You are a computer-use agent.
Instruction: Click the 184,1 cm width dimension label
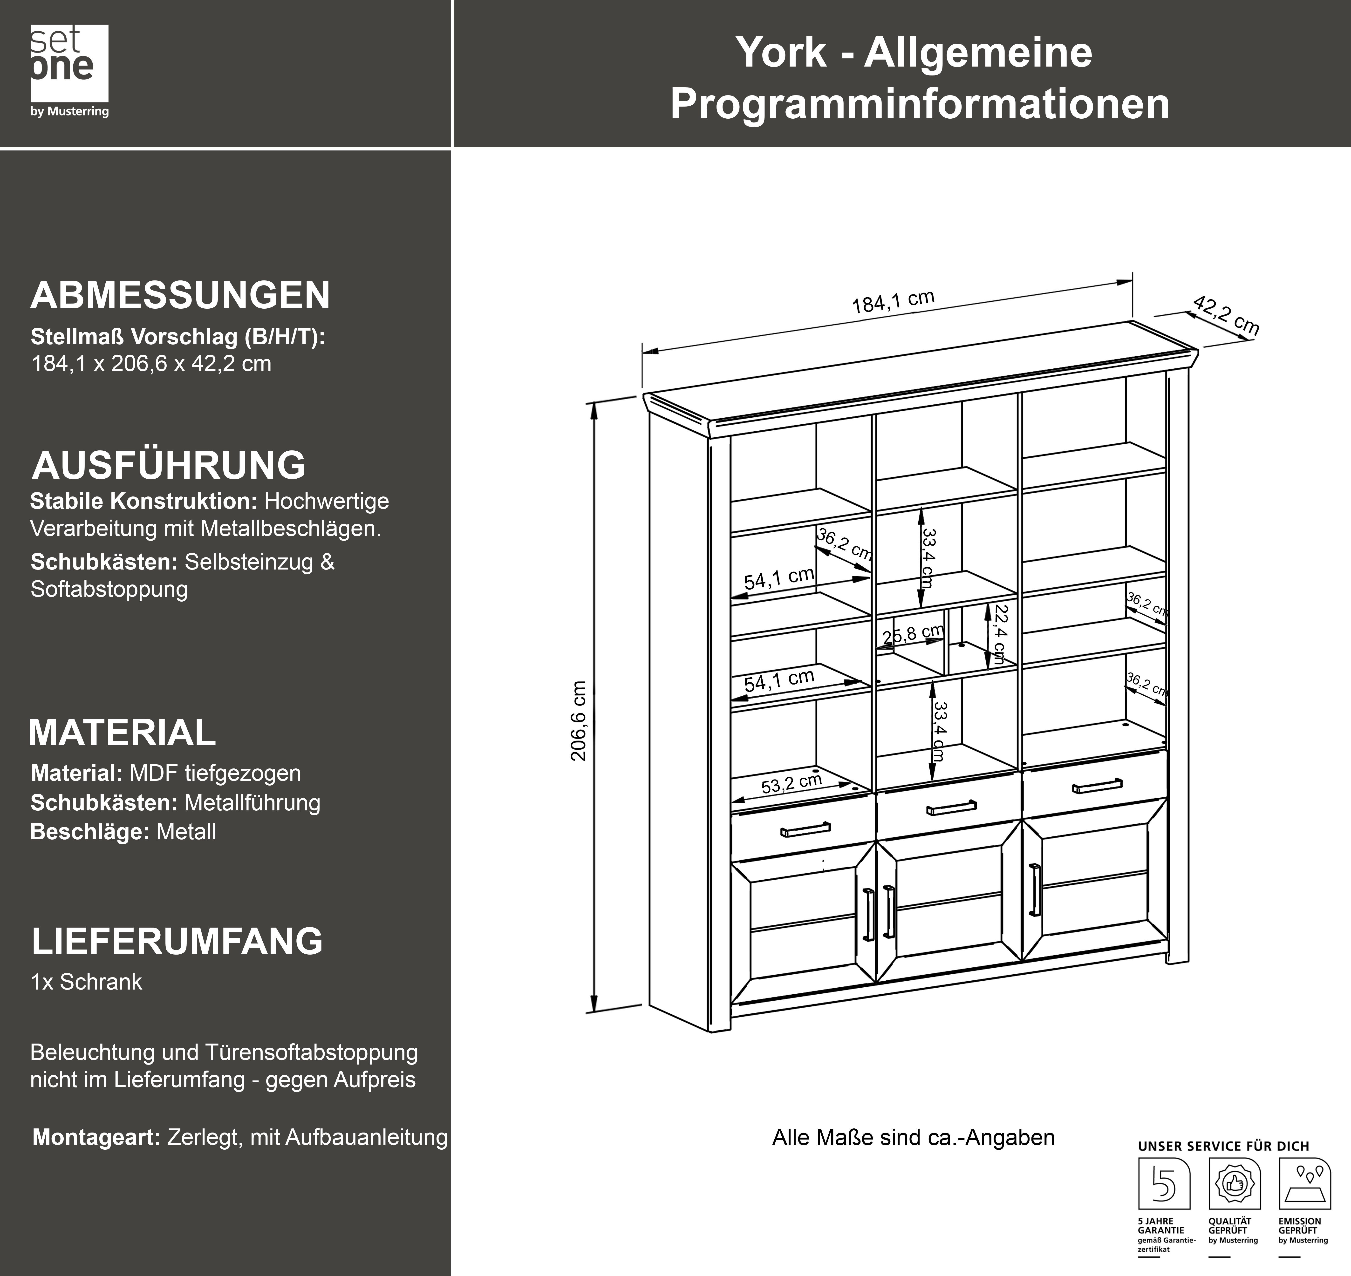(893, 301)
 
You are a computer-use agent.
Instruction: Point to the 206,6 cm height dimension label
(579, 721)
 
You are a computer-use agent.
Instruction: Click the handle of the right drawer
(1097, 786)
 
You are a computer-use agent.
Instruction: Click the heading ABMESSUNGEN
(180, 295)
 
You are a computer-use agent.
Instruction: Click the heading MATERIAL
(123, 733)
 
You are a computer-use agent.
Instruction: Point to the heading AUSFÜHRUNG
(169, 465)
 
